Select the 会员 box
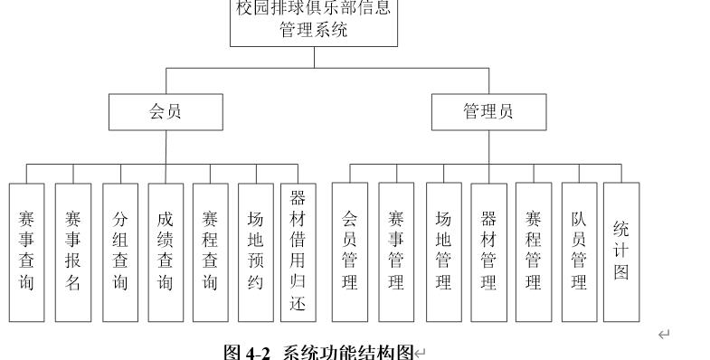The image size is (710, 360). click(163, 112)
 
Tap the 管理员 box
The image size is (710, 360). click(488, 112)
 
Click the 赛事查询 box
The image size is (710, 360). click(26, 251)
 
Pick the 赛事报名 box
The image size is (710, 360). click(73, 251)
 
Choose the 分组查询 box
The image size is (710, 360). click(120, 251)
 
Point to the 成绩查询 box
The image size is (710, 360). click(166, 251)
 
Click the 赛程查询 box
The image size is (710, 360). click(211, 251)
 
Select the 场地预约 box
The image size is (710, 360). click(256, 251)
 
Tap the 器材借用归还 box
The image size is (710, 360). click(298, 251)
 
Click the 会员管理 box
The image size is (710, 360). click(350, 251)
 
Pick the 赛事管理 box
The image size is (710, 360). click(396, 251)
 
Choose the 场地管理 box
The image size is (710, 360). click(443, 251)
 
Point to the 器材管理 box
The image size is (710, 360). click(488, 251)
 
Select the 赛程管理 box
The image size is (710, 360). click(534, 251)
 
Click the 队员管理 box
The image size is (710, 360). click(579, 251)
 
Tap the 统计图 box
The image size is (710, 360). click(621, 251)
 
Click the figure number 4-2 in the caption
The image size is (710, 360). click(259, 351)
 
